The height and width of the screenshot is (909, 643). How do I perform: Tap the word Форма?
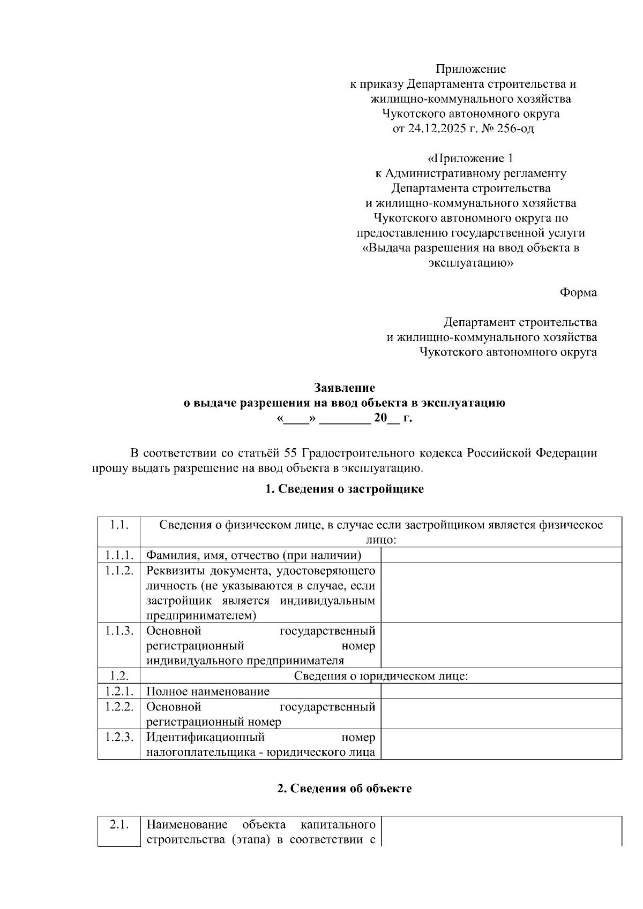(578, 293)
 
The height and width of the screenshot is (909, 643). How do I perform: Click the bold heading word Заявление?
(344, 388)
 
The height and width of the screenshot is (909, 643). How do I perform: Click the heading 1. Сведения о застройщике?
(344, 489)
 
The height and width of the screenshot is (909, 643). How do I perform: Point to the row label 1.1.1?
(118, 555)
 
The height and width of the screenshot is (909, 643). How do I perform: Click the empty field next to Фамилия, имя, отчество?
(501, 555)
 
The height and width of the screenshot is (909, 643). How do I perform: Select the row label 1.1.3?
(118, 631)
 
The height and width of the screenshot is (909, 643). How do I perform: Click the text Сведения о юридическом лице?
(381, 676)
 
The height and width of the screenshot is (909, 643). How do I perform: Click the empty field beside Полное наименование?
(501, 692)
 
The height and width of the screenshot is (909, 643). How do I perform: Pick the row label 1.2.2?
(118, 707)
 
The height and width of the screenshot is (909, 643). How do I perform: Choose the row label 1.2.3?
(118, 737)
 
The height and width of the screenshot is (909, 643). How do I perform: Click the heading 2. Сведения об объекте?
(344, 789)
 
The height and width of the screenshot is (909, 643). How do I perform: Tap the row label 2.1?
(118, 824)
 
